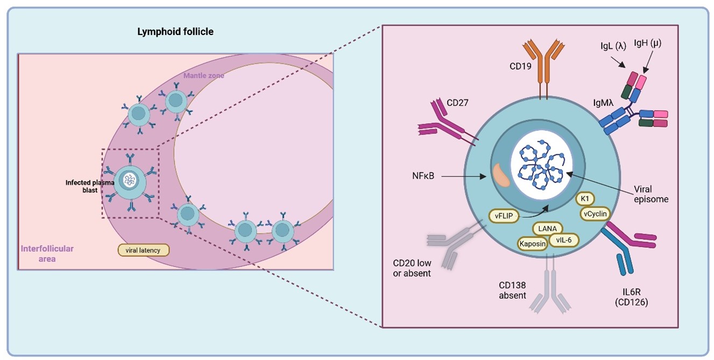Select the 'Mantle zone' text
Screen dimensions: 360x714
[x=204, y=75]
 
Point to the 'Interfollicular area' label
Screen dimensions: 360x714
[x=47, y=253]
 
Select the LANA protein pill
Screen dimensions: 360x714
[x=547, y=229]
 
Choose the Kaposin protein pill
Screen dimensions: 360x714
[x=533, y=243]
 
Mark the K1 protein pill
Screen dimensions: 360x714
[x=585, y=199]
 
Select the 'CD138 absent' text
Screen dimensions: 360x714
[x=512, y=290]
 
